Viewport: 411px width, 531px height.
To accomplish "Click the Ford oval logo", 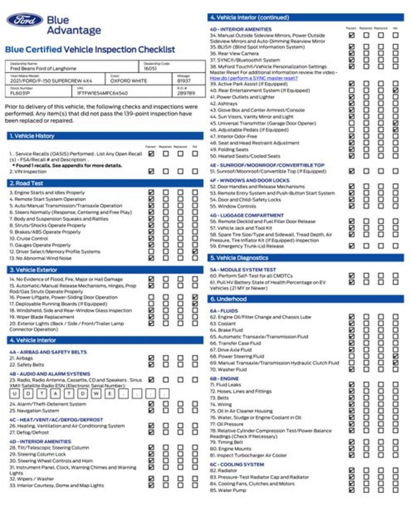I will point(24,20).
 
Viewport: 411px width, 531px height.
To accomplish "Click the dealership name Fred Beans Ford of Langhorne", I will point(43,69).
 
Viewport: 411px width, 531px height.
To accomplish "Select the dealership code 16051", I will point(150,69).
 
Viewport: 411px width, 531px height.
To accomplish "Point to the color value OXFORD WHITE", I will point(128,81).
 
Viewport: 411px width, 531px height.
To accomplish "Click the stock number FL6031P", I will point(20,93).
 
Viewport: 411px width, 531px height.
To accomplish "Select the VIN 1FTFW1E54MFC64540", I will point(102,93).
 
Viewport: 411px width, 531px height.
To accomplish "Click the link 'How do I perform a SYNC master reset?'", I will point(254,78).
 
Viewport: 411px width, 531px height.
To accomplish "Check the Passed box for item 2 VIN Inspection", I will point(151,171).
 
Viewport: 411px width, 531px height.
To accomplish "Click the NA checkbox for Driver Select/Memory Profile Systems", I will point(195,251).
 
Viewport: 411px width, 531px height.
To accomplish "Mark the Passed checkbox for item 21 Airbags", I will point(151,358).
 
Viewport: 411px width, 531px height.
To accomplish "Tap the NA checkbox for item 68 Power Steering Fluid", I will point(395,356).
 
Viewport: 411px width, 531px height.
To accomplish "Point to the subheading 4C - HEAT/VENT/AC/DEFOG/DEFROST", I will point(56,420).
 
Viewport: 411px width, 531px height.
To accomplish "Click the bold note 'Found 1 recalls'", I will point(67,165).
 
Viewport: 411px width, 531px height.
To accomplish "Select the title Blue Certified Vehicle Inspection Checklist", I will point(90,50).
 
